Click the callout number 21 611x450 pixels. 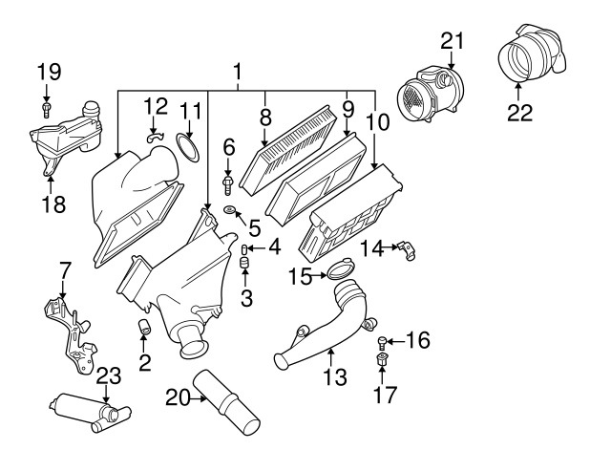[x=453, y=41]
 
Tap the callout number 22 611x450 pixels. [x=519, y=113]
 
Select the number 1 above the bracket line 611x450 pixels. [x=238, y=73]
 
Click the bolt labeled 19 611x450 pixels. [x=47, y=110]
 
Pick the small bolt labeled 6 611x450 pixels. [x=227, y=184]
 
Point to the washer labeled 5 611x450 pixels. [x=230, y=211]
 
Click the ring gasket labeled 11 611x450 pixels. [x=188, y=148]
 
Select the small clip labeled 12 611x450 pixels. [x=154, y=137]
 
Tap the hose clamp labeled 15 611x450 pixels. [x=340, y=269]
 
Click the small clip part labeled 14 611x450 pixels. [x=406, y=250]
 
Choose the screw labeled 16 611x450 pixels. [x=382, y=343]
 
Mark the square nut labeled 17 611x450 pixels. [x=382, y=359]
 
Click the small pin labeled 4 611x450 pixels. [x=244, y=248]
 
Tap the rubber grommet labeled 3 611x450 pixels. [x=244, y=263]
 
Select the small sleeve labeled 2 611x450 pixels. [x=144, y=327]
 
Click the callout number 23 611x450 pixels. [x=108, y=375]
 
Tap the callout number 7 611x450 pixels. [x=65, y=270]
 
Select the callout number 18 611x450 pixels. [x=53, y=204]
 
